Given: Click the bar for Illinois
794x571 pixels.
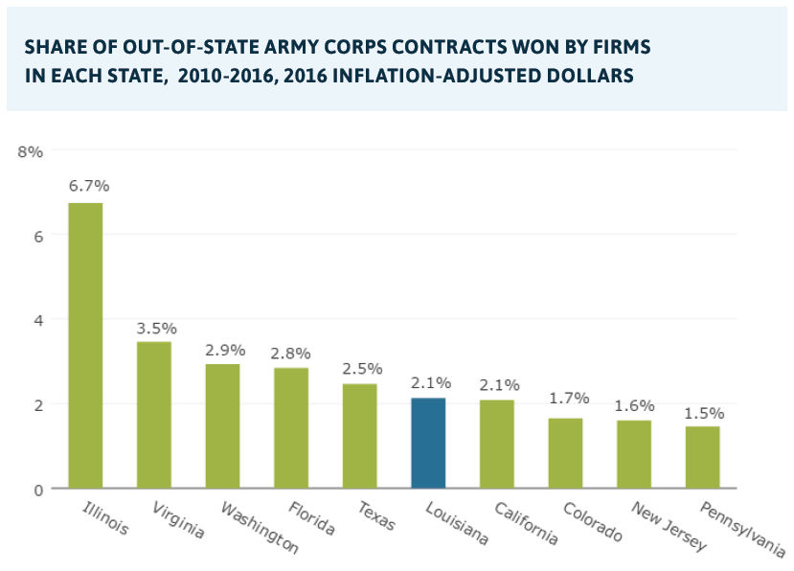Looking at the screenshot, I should click(85, 345).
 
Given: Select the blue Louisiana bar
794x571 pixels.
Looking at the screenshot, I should click(427, 442).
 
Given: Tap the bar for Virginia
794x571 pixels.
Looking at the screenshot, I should click(153, 414).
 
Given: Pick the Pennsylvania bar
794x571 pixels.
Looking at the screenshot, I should click(702, 456).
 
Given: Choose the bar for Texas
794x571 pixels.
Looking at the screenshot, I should click(359, 435).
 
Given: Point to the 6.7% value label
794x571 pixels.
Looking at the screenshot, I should click(85, 186).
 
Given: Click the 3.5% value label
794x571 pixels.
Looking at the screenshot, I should click(153, 327).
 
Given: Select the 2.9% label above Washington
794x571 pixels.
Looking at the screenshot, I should click(222, 349).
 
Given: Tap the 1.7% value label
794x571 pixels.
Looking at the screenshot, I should click(565, 398).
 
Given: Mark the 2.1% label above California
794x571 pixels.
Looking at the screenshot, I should click(496, 384).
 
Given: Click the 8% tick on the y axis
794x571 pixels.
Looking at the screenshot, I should click(31, 151).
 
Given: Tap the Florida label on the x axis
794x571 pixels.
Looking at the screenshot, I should click(314, 518).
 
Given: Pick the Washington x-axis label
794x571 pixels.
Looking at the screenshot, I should click(254, 528).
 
